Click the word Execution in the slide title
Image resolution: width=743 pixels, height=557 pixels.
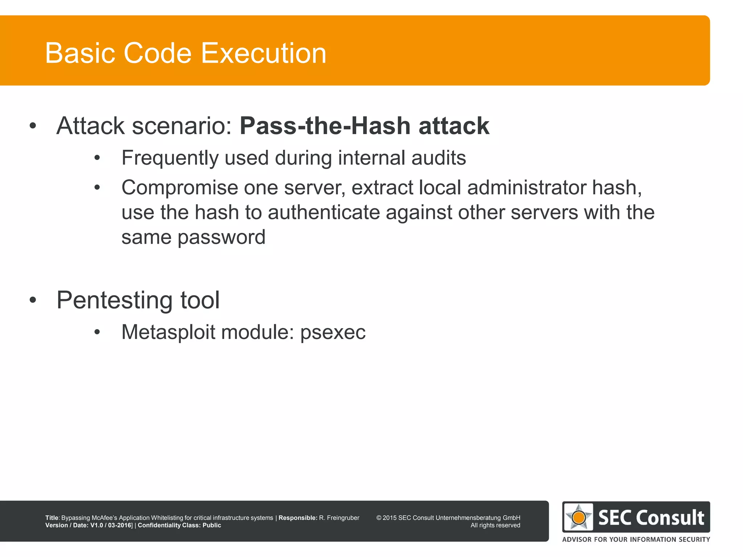[x=263, y=53]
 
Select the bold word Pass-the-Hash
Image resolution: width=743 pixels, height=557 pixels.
[x=325, y=126]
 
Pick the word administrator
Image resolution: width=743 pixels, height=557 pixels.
[x=526, y=188]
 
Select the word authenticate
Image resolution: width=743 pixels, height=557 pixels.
[x=324, y=213]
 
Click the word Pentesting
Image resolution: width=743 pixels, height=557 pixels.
[x=114, y=301]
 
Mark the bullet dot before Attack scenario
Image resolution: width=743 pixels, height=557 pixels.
[x=33, y=126]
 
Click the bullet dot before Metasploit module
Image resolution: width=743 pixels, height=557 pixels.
[x=97, y=332]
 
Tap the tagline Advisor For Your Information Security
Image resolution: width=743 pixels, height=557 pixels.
[x=636, y=540]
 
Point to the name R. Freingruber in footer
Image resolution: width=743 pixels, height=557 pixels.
[x=339, y=518]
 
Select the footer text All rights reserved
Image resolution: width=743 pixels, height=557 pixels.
[x=495, y=525]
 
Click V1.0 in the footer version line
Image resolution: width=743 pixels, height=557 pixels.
[x=97, y=525]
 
